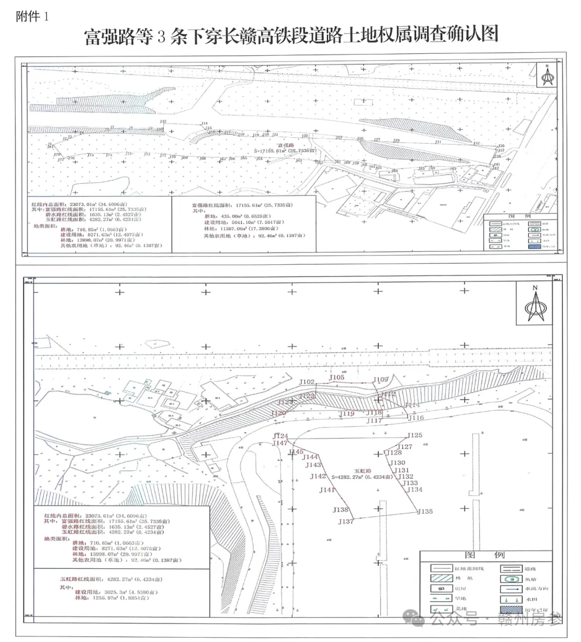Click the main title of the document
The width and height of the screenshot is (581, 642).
coord(291,36)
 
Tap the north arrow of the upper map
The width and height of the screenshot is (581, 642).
coord(547,76)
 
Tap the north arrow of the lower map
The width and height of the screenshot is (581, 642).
coord(535,305)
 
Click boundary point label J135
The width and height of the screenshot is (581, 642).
coord(425,511)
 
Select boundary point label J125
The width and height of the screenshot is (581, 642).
coord(415,435)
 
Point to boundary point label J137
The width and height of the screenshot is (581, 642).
coord(346,521)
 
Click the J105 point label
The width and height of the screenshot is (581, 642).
coord(337,378)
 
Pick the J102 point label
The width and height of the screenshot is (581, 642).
coord(307,382)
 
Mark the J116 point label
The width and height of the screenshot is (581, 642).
coord(416,418)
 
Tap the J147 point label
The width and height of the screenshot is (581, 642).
coord(280,443)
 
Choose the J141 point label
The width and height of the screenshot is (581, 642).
coord(327,490)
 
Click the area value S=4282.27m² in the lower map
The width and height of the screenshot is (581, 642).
coord(361,477)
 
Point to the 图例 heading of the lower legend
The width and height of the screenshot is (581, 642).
coord(485,555)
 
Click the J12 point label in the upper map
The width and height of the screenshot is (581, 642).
coord(164,122)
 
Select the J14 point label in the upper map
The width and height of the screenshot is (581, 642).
coord(204,124)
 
